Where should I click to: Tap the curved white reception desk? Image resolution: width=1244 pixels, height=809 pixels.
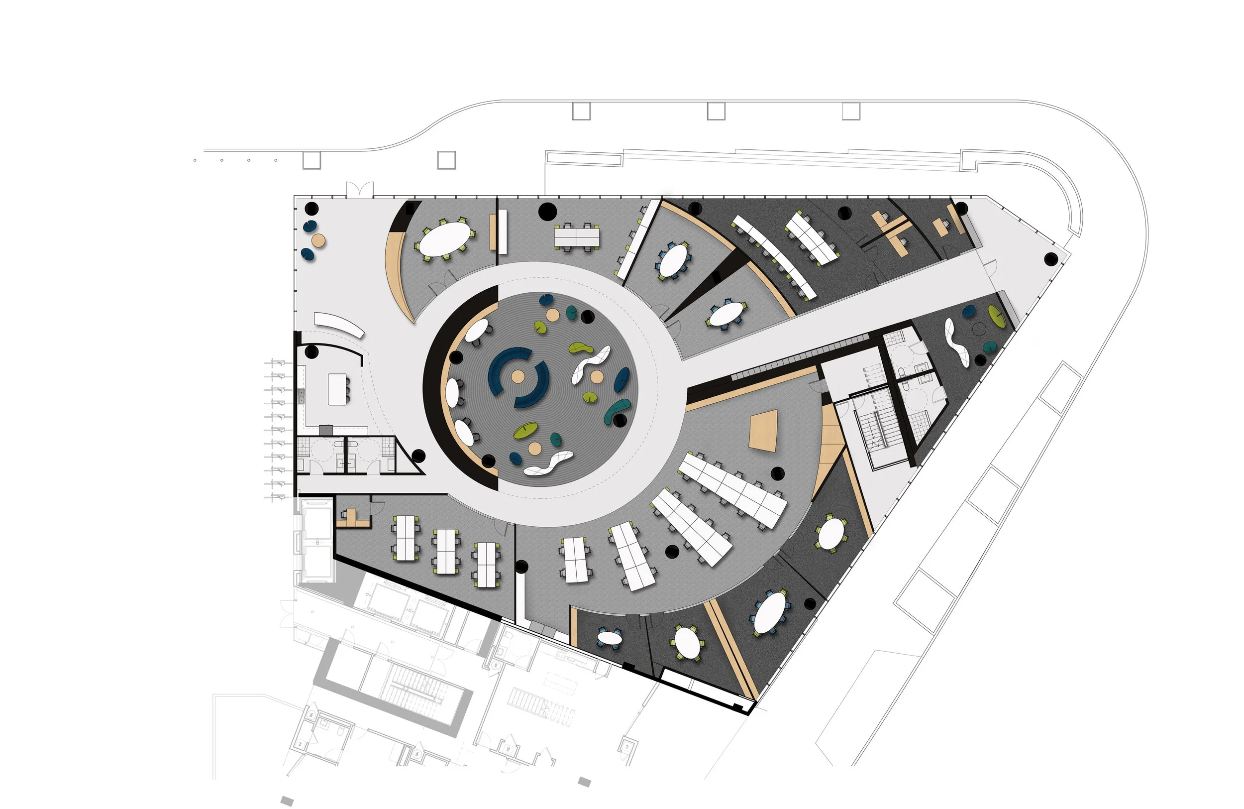339,324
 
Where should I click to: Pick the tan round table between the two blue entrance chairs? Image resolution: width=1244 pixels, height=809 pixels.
318,240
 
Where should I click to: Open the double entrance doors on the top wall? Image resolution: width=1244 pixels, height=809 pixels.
360,189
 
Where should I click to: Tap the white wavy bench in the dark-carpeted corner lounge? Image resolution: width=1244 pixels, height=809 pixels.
957,343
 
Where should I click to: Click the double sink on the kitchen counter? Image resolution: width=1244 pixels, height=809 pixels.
302,395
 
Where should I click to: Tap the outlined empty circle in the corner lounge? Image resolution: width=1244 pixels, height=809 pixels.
979,329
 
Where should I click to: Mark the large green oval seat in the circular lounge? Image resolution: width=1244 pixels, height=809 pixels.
525,430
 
